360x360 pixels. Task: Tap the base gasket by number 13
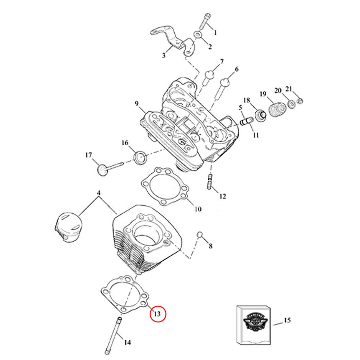pos(123,295)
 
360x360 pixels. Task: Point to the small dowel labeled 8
pos(200,234)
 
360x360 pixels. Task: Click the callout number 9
pos(136,104)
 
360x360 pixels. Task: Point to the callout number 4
pos(98,192)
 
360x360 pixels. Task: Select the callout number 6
pos(236,69)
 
